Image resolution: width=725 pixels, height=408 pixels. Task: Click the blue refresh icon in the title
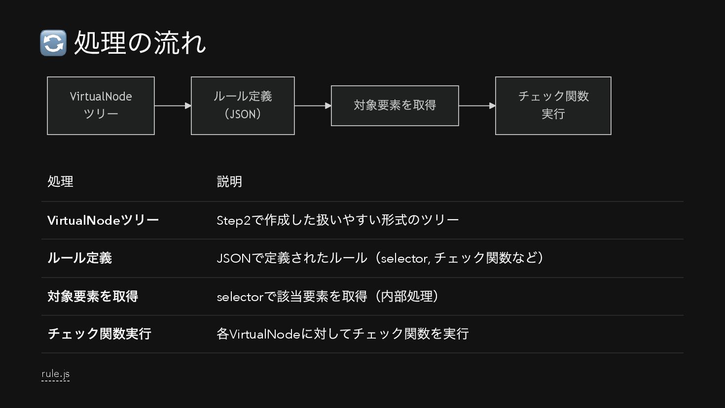53,43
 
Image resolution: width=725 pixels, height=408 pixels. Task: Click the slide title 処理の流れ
140,43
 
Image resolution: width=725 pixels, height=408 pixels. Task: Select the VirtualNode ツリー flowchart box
101,105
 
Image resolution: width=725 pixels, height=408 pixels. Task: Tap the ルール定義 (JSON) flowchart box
243,105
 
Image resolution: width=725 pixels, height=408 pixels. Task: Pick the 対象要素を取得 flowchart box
395,105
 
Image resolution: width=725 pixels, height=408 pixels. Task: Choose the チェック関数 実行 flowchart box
553,105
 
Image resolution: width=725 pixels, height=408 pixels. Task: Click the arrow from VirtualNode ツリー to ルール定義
173,105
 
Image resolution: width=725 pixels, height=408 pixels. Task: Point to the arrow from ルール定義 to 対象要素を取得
313,105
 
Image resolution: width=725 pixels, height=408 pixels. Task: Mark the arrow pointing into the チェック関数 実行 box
477,105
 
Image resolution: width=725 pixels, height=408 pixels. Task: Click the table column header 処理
60,182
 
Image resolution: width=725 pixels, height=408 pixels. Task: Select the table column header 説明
229,182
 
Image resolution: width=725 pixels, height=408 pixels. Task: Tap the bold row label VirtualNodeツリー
103,220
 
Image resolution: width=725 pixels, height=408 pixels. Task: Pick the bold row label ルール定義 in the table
79,258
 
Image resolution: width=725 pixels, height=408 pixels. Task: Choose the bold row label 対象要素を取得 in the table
93,296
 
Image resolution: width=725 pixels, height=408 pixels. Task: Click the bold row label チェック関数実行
99,334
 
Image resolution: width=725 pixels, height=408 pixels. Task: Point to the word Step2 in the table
233,221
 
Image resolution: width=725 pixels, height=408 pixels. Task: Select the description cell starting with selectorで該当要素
327,297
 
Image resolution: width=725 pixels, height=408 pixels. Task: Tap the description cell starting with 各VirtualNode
342,334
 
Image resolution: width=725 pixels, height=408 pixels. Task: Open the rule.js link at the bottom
55,374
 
